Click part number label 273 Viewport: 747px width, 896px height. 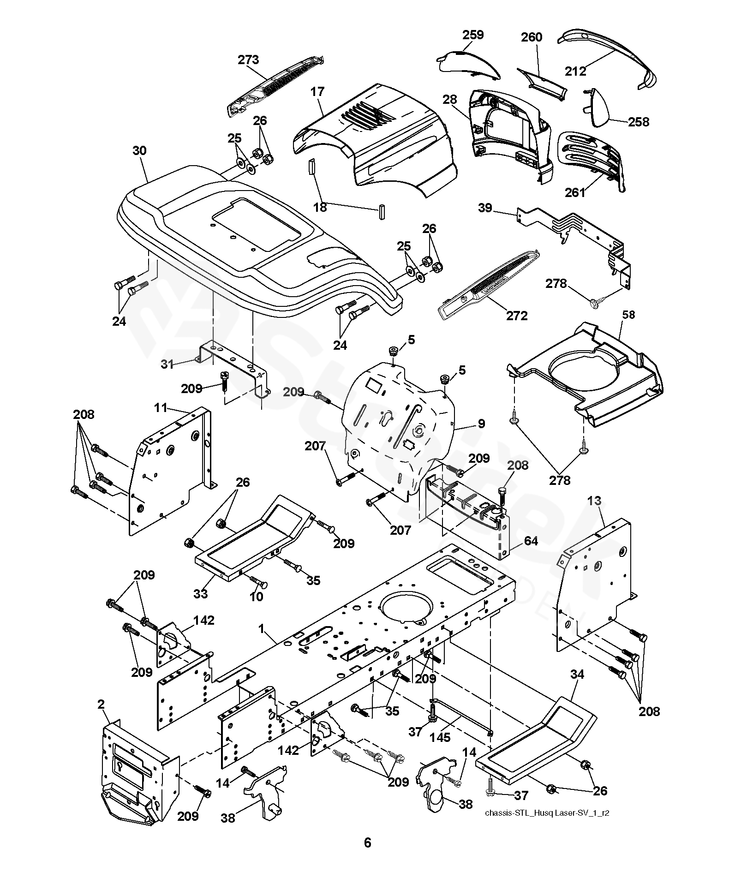tap(248, 60)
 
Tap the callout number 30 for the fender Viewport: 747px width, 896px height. tap(139, 151)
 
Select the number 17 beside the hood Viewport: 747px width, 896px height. tap(317, 91)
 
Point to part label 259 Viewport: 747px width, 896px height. tap(473, 35)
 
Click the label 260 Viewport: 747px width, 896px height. tap(532, 37)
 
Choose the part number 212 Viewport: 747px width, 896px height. tap(575, 71)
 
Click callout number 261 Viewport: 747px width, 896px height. tap(575, 192)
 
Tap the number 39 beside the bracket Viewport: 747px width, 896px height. tap(485, 208)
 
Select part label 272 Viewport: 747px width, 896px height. tap(517, 316)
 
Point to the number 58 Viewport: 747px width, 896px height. tap(628, 315)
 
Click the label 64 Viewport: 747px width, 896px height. tap(531, 541)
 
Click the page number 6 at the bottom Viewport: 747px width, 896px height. tap(367, 843)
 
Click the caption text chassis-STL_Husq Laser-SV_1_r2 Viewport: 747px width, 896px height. tap(547, 813)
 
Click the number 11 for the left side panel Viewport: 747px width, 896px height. tap(160, 407)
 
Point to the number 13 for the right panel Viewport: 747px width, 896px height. tap(595, 501)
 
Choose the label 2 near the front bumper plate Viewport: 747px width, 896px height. tap(101, 705)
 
